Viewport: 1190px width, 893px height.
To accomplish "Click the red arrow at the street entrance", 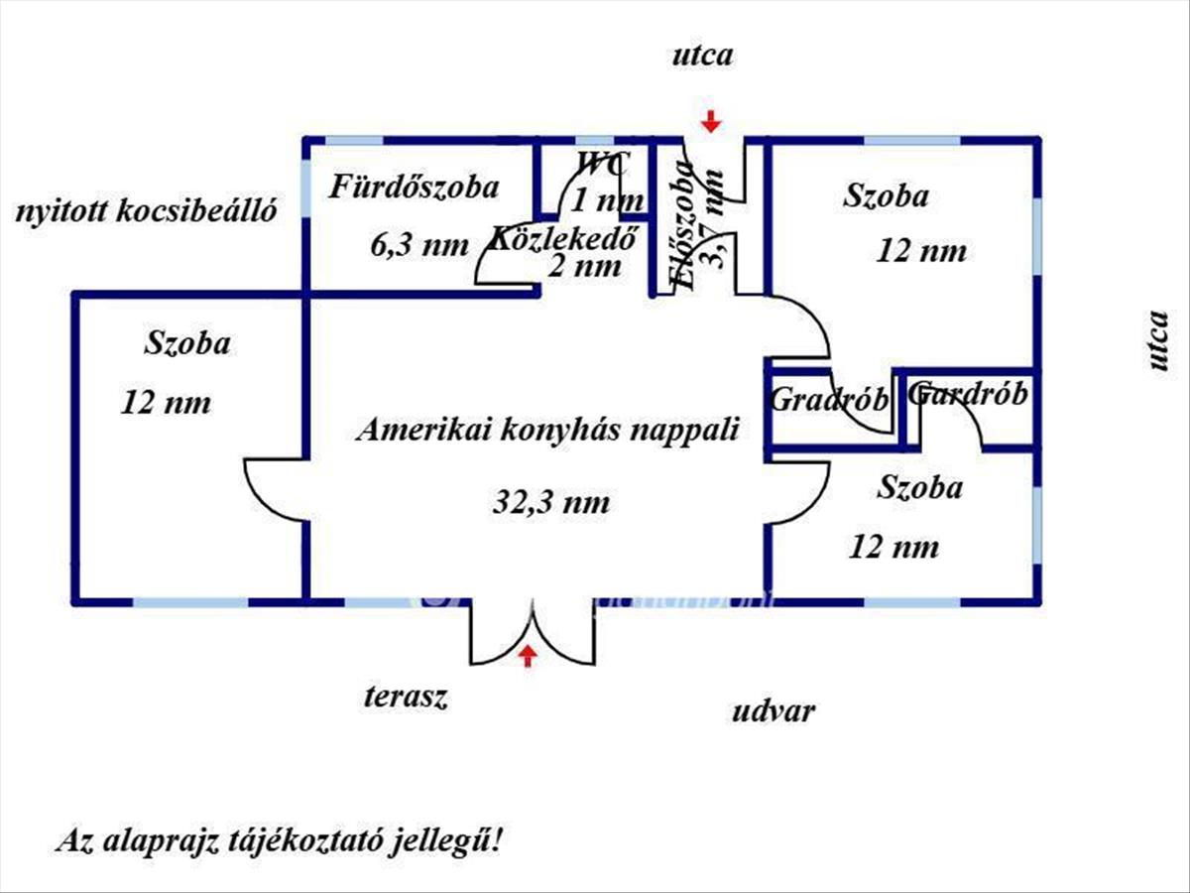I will pyautogui.click(x=711, y=122).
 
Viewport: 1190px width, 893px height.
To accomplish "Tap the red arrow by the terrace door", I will pyautogui.click(x=528, y=655).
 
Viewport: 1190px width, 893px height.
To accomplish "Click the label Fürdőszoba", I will pyautogui.click(x=415, y=187).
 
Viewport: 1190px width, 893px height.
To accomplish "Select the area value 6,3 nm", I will pyautogui.click(x=418, y=245).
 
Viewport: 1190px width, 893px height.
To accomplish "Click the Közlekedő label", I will pyautogui.click(x=562, y=238).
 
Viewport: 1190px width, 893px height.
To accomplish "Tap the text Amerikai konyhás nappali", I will pyautogui.click(x=548, y=430).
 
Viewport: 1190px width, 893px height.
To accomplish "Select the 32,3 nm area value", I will pyautogui.click(x=551, y=502).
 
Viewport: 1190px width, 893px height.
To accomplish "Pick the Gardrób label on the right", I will pyautogui.click(x=967, y=394).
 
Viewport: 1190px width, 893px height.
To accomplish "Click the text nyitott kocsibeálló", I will pyautogui.click(x=145, y=210).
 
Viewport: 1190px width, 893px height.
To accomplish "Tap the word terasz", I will pyautogui.click(x=407, y=697).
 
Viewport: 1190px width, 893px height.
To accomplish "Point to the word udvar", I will pyautogui.click(x=773, y=710).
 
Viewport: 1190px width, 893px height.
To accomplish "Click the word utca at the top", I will pyautogui.click(x=702, y=55).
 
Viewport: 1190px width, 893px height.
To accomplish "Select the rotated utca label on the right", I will pyautogui.click(x=1157, y=340).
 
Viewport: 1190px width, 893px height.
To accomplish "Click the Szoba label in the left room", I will pyautogui.click(x=187, y=343).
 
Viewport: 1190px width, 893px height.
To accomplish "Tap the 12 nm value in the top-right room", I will pyautogui.click(x=920, y=251).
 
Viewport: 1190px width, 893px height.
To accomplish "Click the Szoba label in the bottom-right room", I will pyautogui.click(x=919, y=487).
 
